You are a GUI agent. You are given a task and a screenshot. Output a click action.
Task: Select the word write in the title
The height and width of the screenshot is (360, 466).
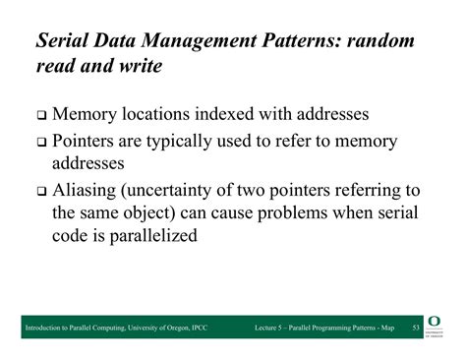(135, 70)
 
